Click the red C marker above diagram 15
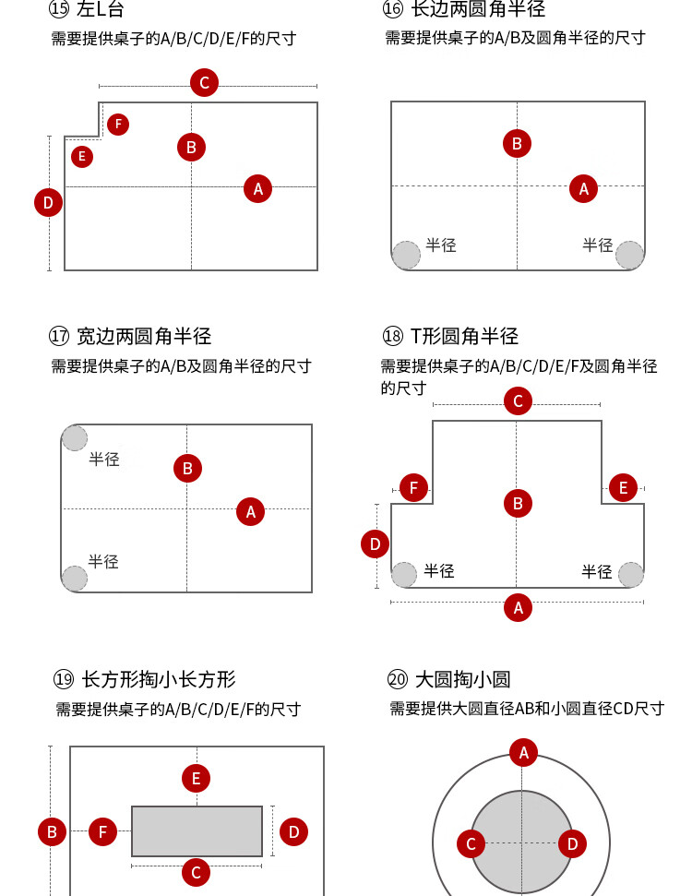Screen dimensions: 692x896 204,83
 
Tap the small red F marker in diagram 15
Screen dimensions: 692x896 118,124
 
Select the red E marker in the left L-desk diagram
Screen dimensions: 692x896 82,157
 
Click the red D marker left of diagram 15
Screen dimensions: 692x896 49,202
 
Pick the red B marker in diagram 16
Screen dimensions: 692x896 517,143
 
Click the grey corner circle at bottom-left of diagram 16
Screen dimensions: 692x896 406,255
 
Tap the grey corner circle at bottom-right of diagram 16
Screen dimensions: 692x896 629,255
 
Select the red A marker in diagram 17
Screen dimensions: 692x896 250,511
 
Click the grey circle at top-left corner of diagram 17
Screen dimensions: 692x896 75,437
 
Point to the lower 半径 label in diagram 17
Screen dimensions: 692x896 103,561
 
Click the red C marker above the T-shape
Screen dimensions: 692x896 518,401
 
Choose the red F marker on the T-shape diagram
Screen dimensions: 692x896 413,488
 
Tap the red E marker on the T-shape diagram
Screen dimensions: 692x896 623,488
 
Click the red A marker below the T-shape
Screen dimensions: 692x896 518,607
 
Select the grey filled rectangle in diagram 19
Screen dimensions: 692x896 197,831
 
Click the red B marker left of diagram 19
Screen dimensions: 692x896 52,832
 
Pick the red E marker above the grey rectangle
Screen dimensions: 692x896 196,778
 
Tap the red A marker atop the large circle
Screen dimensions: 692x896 523,753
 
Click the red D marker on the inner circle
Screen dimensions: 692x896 572,843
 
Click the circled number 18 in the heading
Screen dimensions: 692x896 392,336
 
